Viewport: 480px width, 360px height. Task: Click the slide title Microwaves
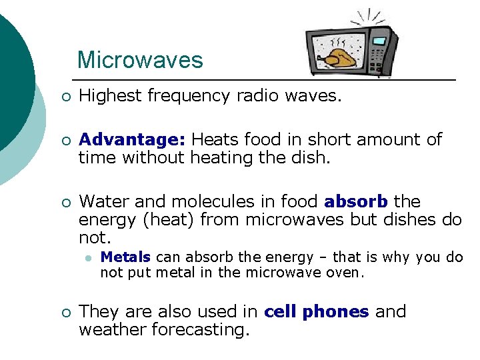(x=140, y=60)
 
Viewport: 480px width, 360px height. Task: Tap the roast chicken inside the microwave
(x=338, y=57)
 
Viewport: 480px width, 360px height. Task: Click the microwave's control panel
(x=380, y=50)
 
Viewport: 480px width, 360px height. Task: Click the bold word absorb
(x=357, y=201)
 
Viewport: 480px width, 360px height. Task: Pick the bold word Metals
(x=125, y=257)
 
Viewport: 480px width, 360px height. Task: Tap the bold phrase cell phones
(x=316, y=311)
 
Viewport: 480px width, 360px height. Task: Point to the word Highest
(x=109, y=96)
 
